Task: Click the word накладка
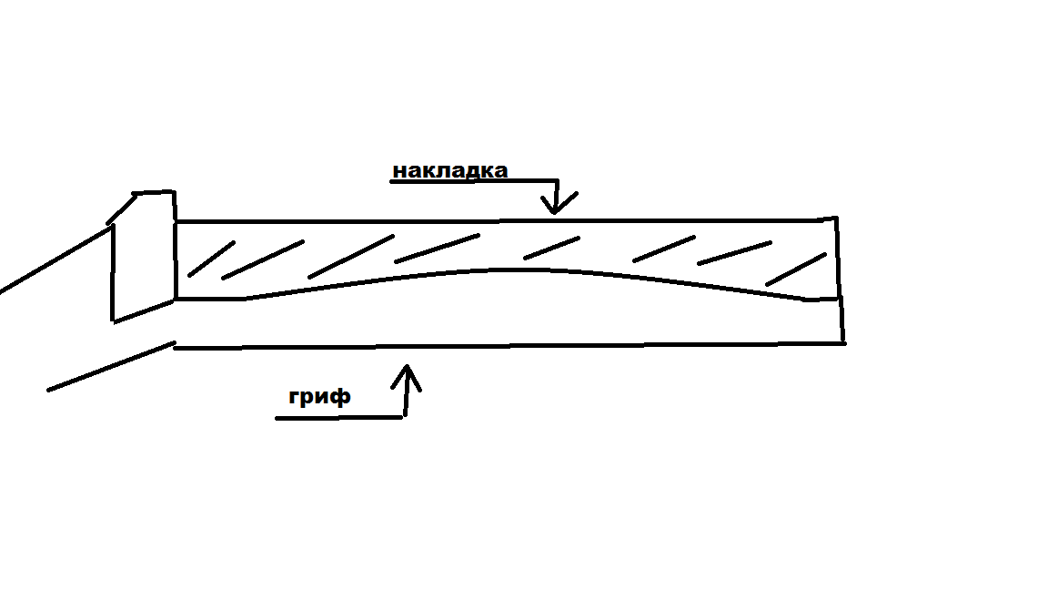coord(449,170)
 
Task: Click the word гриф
coord(319,397)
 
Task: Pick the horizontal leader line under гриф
coord(338,418)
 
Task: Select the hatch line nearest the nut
coord(211,258)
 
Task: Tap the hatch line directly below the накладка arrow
coord(551,246)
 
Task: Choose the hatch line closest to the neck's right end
coord(796,269)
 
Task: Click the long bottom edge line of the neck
coord(509,346)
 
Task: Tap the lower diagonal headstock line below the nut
coord(110,367)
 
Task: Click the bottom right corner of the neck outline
coord(843,342)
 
